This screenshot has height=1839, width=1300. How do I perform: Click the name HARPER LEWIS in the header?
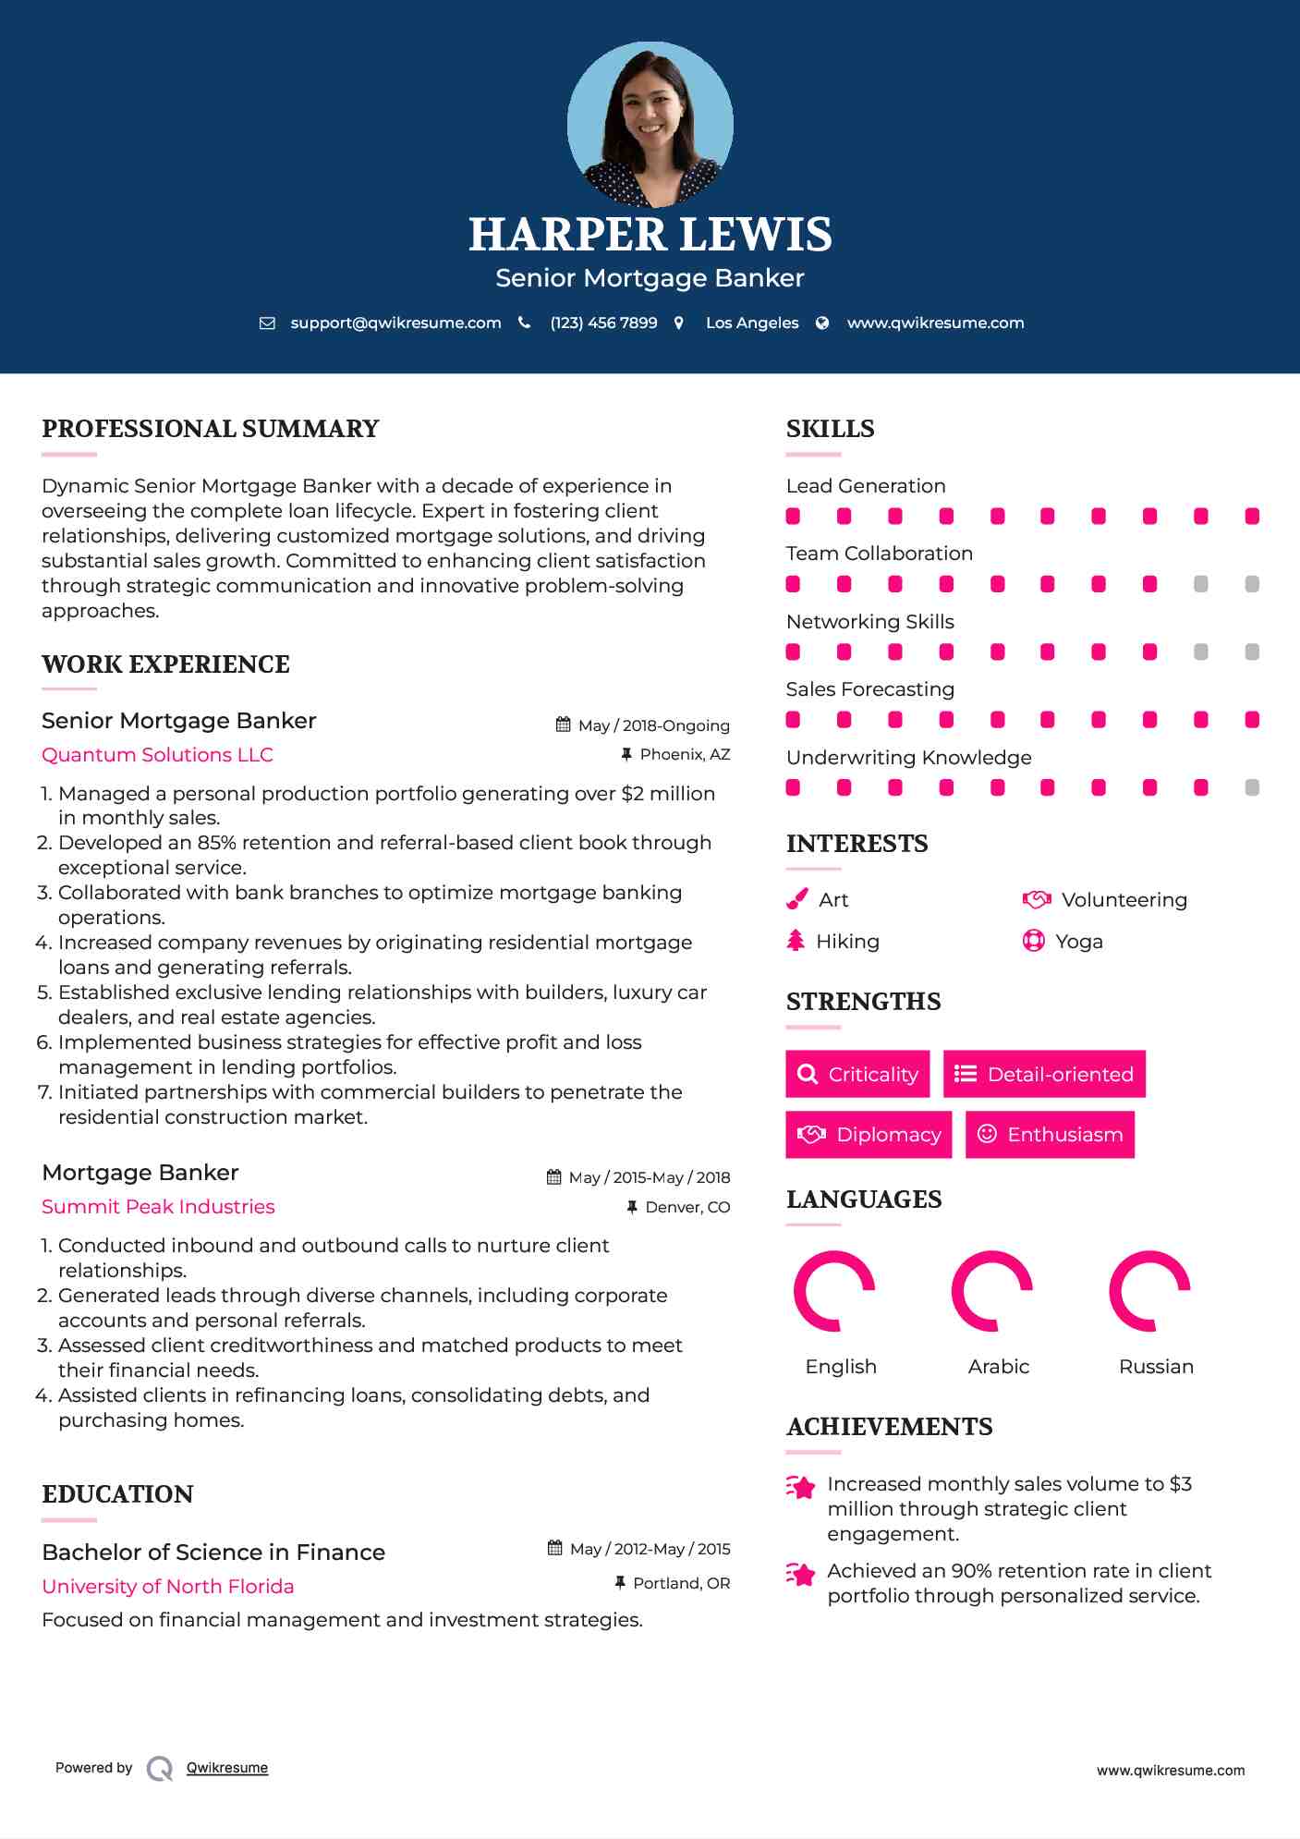pyautogui.click(x=650, y=235)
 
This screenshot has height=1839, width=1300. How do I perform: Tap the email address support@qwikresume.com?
pyautogui.click(x=395, y=323)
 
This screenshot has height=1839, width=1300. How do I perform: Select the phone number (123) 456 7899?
pyautogui.click(x=603, y=323)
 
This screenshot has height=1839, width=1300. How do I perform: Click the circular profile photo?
pyautogui.click(x=650, y=124)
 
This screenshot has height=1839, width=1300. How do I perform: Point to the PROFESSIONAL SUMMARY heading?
pyautogui.click(x=211, y=429)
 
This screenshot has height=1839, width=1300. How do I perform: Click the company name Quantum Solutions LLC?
pyautogui.click(x=157, y=755)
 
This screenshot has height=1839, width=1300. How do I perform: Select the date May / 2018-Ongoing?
pyautogui.click(x=653, y=725)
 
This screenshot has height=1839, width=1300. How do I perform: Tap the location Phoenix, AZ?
pyautogui.click(x=685, y=754)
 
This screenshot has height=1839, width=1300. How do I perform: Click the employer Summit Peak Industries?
pyautogui.click(x=158, y=1207)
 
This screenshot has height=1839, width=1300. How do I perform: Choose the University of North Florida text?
pyautogui.click(x=167, y=1587)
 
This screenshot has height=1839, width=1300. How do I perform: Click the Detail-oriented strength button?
pyautogui.click(x=1044, y=1074)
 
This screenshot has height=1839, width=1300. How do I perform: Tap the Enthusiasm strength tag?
pyautogui.click(x=1050, y=1135)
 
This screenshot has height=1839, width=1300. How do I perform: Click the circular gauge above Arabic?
pyautogui.click(x=992, y=1291)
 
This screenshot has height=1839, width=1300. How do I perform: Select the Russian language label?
pyautogui.click(x=1156, y=1367)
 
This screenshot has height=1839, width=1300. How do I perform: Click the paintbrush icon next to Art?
pyautogui.click(x=796, y=899)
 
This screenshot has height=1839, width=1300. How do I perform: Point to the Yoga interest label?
pyautogui.click(x=1079, y=942)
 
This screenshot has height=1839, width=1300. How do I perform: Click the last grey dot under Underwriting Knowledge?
pyautogui.click(x=1252, y=787)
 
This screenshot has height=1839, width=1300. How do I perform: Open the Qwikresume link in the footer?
pyautogui.click(x=227, y=1768)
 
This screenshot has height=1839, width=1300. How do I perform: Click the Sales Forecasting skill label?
pyautogui.click(x=869, y=689)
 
